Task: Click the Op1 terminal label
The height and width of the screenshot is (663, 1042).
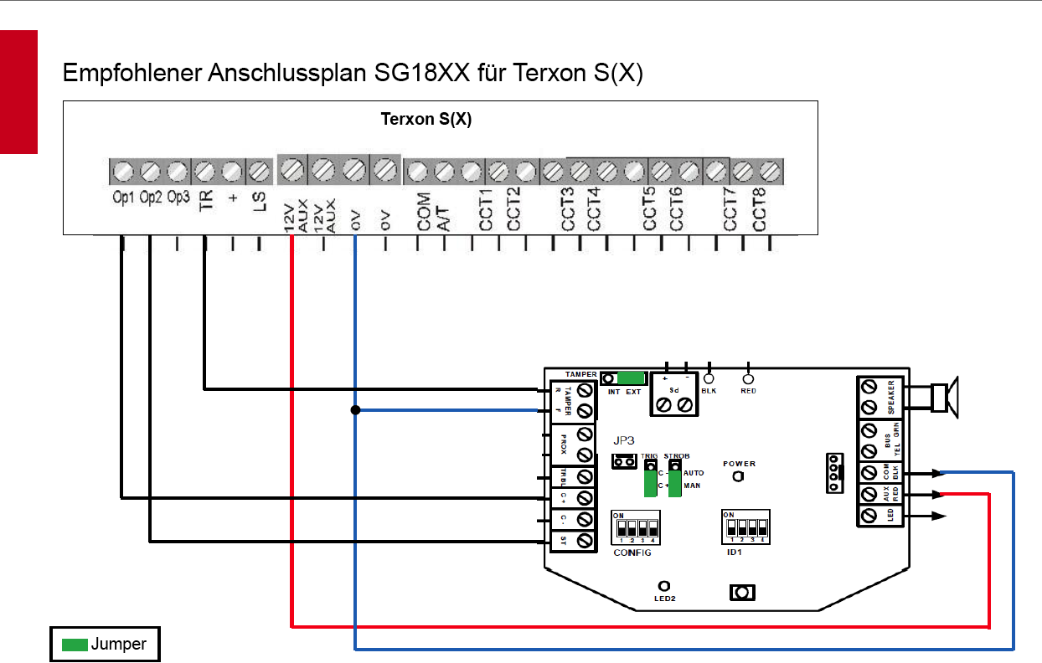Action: coord(123,198)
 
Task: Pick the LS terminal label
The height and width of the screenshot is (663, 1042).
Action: coord(260,202)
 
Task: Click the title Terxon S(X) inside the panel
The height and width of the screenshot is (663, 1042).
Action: coord(426,119)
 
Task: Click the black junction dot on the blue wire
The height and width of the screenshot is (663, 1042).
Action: coord(355,410)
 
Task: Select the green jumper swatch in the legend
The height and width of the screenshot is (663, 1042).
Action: coord(75,645)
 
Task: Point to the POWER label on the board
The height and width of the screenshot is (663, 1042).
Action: coord(739,464)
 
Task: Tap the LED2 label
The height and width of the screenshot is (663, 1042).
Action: coord(664,599)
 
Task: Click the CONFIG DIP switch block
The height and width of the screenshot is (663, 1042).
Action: coord(634,528)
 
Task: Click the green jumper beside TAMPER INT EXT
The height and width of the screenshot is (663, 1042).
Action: coord(631,378)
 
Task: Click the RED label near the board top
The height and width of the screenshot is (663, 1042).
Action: coord(748,391)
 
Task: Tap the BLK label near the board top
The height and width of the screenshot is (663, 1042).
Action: coord(709,391)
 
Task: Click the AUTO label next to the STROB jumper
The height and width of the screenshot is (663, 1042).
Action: coord(694,473)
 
